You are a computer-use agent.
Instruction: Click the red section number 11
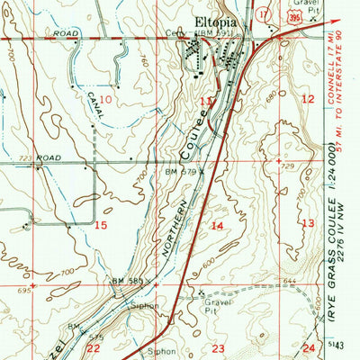pyautogui.click(x=207, y=102)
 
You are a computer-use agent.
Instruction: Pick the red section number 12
pyautogui.click(x=309, y=99)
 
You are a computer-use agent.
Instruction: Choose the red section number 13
pyautogui.click(x=309, y=223)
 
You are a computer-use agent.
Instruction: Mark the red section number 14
pyautogui.click(x=217, y=226)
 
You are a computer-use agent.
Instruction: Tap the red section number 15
pyautogui.click(x=102, y=225)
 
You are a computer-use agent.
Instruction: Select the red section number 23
pyautogui.click(x=218, y=347)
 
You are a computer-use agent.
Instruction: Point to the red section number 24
pyautogui.click(x=309, y=347)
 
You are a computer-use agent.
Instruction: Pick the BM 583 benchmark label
pyautogui.click(x=129, y=282)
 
